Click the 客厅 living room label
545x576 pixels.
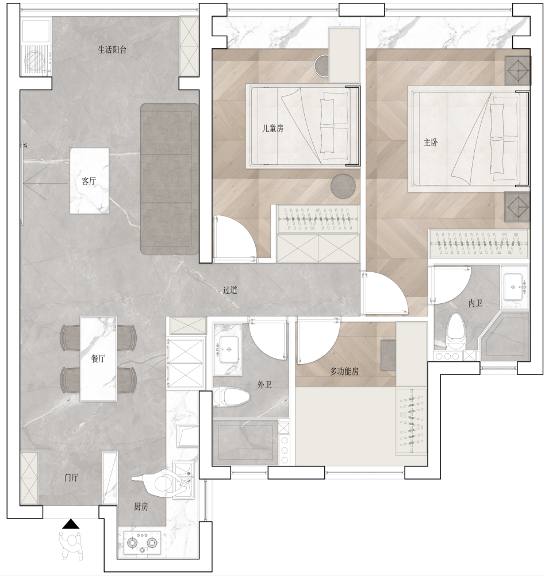click(x=89, y=181)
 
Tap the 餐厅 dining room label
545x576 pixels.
click(x=98, y=358)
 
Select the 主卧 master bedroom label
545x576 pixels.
click(x=431, y=142)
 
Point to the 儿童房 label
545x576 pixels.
click(x=272, y=128)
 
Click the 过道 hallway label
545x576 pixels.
click(x=230, y=290)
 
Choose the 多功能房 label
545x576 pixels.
click(x=344, y=372)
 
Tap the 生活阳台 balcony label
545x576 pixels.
click(x=112, y=49)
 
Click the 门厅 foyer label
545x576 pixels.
click(x=71, y=478)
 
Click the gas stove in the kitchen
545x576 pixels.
click(x=142, y=543)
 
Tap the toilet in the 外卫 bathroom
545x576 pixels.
click(x=232, y=397)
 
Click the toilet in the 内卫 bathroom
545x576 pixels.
click(x=456, y=331)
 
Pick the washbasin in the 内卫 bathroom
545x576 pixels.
click(x=515, y=287)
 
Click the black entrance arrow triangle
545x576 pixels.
click(x=71, y=524)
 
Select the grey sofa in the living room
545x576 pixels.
click(x=170, y=179)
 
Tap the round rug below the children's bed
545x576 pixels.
click(x=343, y=186)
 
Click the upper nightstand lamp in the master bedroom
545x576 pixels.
click(x=518, y=71)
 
